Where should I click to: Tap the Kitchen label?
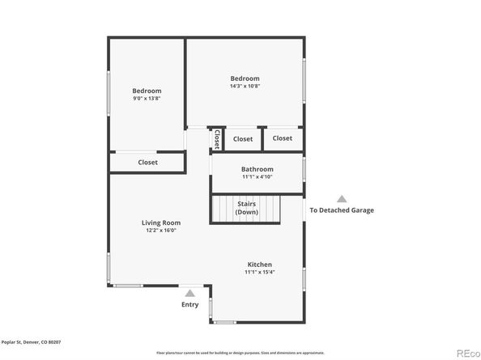point(259,265)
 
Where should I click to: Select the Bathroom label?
point(257,169)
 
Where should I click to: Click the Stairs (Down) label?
point(247,208)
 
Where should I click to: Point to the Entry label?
point(189,304)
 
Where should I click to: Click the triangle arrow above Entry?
point(189,294)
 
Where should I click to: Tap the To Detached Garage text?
point(342,210)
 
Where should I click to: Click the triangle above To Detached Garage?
point(342,198)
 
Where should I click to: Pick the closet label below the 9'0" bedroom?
point(147,162)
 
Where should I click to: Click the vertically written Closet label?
point(217,139)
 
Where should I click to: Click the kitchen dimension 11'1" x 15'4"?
point(259,272)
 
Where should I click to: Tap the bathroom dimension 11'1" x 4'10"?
point(257,176)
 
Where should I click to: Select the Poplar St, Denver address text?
point(31,342)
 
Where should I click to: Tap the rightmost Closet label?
point(282,138)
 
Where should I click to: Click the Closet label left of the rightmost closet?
point(243,139)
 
